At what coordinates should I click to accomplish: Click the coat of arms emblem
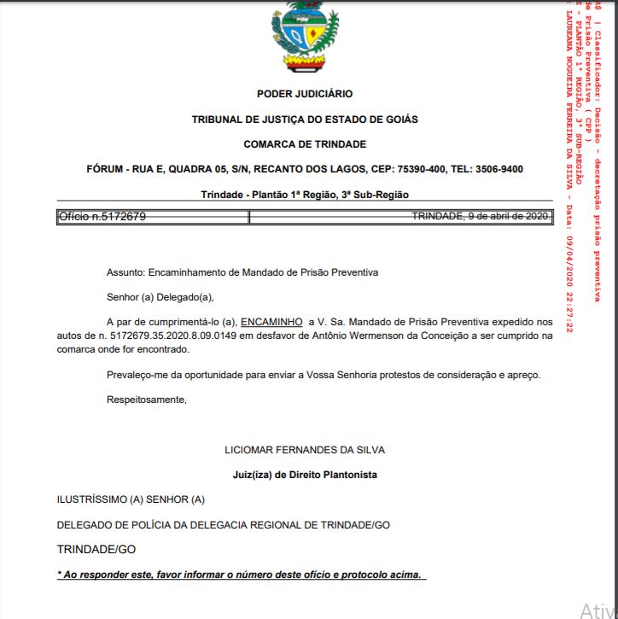(x=304, y=36)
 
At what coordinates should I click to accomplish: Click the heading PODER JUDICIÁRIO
(x=305, y=94)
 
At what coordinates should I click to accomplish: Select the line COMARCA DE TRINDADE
(x=305, y=144)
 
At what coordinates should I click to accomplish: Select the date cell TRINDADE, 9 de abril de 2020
(x=481, y=217)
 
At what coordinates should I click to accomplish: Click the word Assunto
(x=125, y=272)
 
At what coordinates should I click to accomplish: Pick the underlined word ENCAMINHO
(x=271, y=322)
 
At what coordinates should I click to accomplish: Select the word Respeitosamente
(x=146, y=400)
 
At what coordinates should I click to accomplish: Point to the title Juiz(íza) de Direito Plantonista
(x=305, y=475)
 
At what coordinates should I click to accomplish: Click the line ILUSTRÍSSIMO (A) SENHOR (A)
(x=131, y=499)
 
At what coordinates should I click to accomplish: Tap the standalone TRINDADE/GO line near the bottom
(x=96, y=549)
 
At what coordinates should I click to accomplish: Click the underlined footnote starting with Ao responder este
(x=241, y=575)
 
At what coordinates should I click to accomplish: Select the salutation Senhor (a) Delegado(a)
(x=160, y=297)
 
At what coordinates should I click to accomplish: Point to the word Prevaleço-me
(x=137, y=375)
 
